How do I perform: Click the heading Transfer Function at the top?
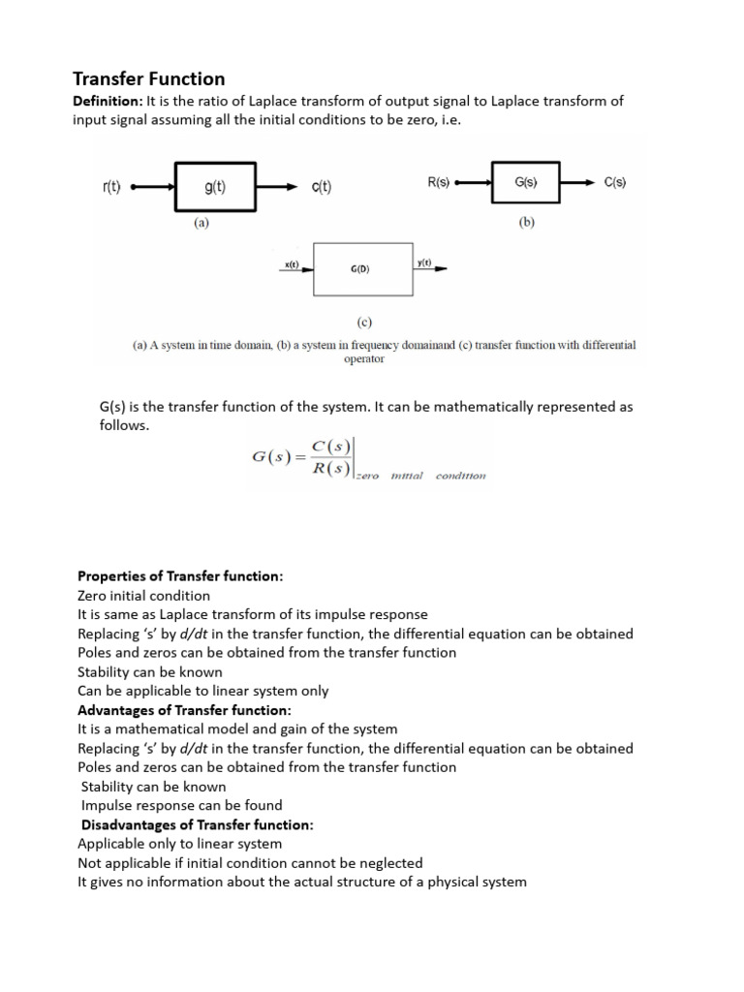[149, 78]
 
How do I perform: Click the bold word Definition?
[108, 101]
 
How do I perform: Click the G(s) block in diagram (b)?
[526, 181]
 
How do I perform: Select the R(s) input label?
[438, 181]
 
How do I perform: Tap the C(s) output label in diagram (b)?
[614, 181]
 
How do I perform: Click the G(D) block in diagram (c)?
[360, 269]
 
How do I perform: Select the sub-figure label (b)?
[526, 221]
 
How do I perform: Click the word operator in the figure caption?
[364, 358]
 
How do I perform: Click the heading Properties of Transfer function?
[180, 576]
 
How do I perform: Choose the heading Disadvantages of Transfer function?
[198, 824]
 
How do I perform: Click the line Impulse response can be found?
[182, 805]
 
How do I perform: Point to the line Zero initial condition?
[143, 596]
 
